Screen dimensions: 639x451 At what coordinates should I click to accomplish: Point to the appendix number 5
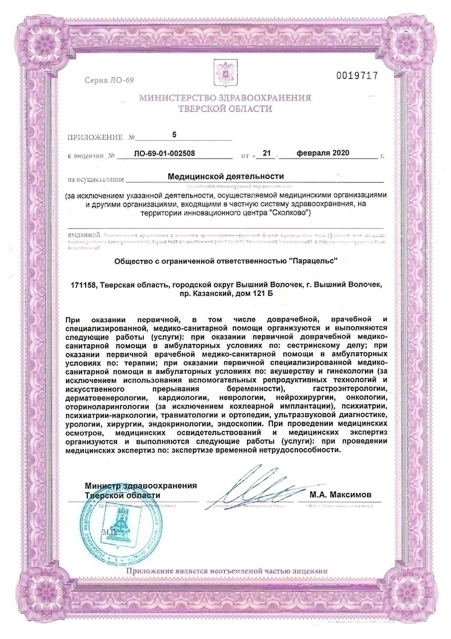tap(174, 134)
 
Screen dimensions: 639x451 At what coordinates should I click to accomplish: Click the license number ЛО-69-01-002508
tap(166, 153)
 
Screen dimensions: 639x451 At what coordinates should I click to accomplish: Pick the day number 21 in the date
tap(267, 153)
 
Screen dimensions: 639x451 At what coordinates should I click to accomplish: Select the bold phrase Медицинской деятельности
tap(225, 176)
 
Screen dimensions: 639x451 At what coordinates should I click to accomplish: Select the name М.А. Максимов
tap(341, 494)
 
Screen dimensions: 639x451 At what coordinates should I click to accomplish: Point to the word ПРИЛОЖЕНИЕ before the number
tap(93, 137)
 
